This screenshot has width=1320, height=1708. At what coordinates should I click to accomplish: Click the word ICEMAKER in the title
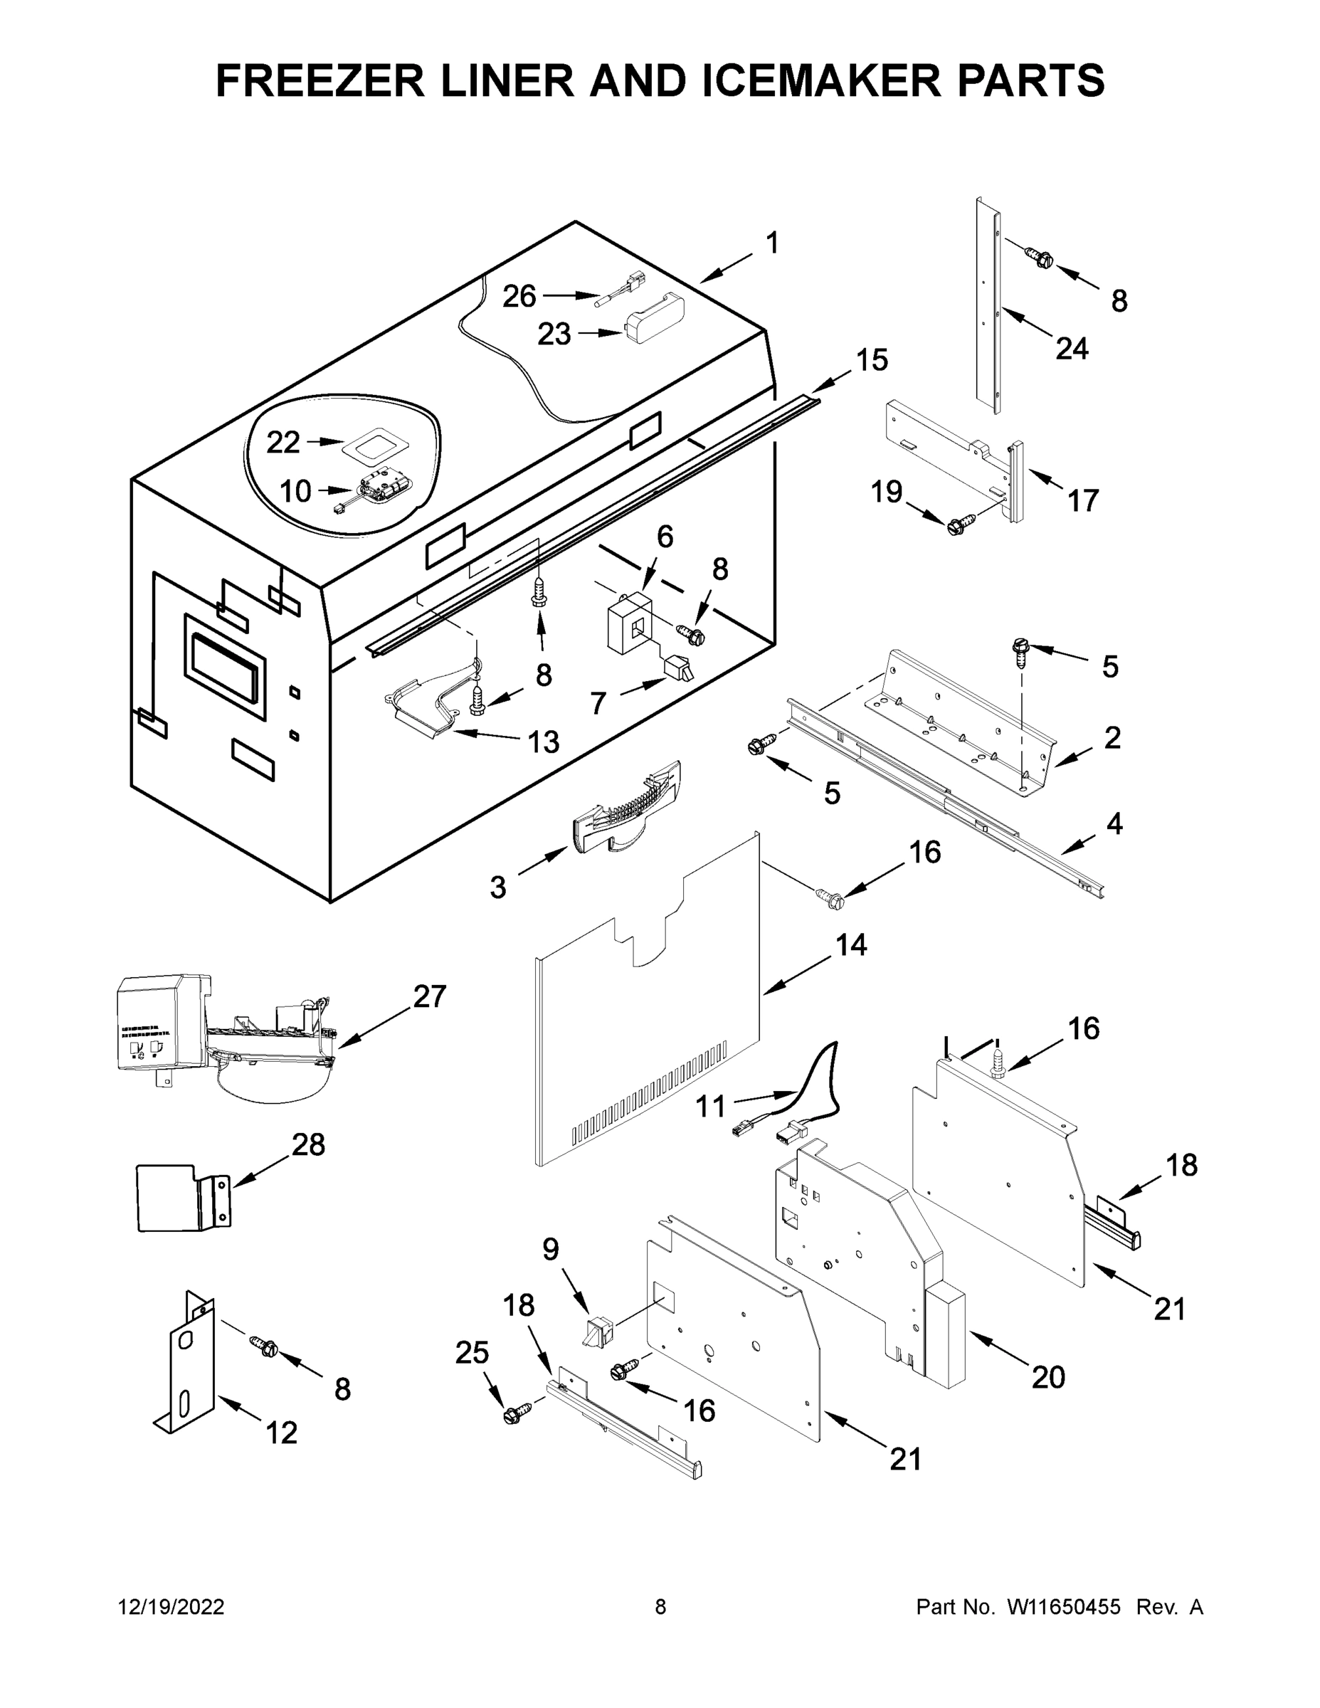(810, 80)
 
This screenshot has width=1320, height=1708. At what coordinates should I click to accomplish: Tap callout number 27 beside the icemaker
(429, 996)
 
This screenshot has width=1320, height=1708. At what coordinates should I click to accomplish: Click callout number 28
(308, 1145)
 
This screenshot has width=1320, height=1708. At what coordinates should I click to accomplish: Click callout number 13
(544, 742)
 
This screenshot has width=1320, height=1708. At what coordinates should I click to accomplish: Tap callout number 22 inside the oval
(283, 443)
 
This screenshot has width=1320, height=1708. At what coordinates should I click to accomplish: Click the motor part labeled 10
(379, 490)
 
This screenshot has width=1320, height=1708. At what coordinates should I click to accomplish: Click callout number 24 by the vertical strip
(1072, 349)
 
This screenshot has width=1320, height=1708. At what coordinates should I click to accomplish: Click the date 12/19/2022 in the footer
(171, 1606)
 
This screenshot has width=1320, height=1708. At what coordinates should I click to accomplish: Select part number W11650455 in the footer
(1064, 1606)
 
